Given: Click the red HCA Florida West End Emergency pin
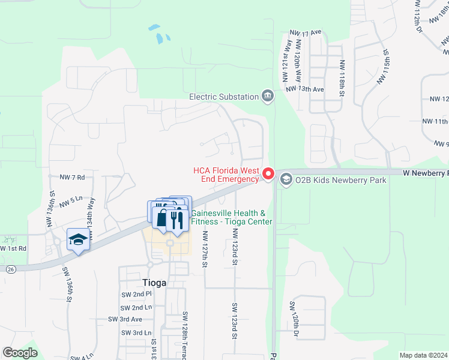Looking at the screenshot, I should [x=268, y=174].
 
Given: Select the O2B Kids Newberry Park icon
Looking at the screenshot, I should [x=286, y=179].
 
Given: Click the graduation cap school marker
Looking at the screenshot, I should [x=78, y=239].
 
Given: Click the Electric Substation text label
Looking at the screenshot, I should [x=223, y=96].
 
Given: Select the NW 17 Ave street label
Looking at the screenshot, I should [x=306, y=32].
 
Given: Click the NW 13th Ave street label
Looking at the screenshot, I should [x=305, y=89].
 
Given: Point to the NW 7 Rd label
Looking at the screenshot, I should [x=72, y=178].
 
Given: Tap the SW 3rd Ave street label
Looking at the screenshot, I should [x=125, y=319].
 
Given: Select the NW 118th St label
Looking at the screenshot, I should [x=342, y=78].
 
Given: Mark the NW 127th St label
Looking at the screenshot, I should [x=205, y=248].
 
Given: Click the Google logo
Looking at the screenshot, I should [x=20, y=353].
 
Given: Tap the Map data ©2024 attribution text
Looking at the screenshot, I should [x=423, y=355].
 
